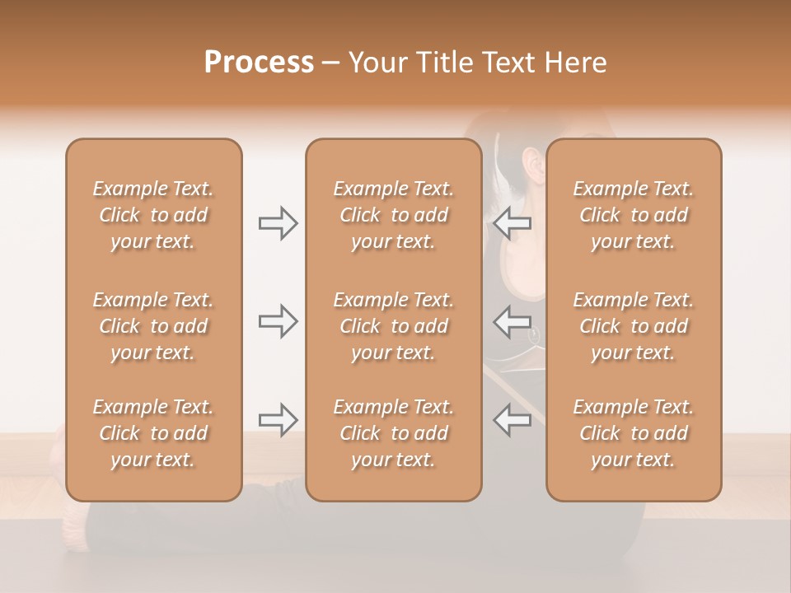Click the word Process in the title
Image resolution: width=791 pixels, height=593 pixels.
(259, 63)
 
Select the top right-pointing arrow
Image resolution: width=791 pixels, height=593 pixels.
(278, 223)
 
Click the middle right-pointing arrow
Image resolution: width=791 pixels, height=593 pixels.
(278, 321)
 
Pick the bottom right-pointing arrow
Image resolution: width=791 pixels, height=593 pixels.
(278, 420)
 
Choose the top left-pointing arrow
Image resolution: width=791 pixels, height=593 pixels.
(513, 223)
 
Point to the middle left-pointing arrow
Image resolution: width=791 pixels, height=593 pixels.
(513, 321)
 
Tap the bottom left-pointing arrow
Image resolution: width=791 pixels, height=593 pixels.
(513, 420)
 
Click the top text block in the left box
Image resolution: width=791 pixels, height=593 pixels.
(153, 215)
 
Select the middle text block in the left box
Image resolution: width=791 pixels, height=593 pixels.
(153, 326)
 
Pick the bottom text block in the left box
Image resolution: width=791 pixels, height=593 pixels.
(153, 433)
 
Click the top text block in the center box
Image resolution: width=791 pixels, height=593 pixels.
(393, 215)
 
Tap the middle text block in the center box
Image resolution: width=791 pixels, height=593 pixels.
(393, 326)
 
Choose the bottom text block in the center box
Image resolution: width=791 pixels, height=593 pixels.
(393, 433)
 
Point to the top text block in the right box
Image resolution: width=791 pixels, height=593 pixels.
(633, 215)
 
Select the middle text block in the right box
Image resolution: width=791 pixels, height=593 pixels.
(633, 326)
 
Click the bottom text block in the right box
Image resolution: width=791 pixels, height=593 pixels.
(633, 433)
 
